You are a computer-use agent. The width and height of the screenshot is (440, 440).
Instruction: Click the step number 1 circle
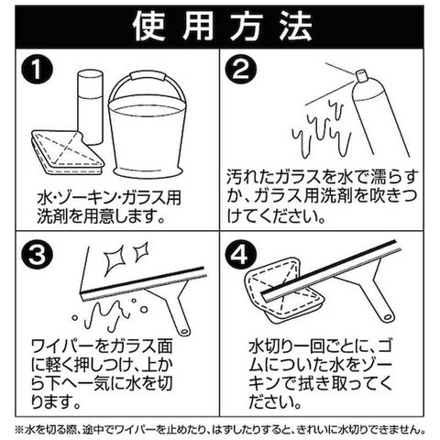coord(37,70)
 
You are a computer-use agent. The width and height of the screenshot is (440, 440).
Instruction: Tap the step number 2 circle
coord(241,70)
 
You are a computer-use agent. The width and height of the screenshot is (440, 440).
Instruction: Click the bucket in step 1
coord(148,135)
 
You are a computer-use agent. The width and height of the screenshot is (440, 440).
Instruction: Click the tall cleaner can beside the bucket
coord(89,107)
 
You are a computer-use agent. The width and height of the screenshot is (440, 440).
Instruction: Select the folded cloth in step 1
coord(68,153)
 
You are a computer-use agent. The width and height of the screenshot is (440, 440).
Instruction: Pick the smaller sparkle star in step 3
coord(141,251)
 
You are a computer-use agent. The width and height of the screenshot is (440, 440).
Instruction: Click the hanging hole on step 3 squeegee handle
coord(184,331)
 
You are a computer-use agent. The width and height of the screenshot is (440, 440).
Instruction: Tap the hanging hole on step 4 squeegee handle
coord(389,315)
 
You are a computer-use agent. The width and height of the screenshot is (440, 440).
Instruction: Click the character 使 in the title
coord(148,27)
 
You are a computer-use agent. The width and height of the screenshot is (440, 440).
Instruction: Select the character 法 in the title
coord(295,27)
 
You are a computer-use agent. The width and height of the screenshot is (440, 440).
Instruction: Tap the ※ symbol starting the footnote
coord(20,430)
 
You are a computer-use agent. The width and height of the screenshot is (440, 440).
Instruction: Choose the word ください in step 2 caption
coord(282,216)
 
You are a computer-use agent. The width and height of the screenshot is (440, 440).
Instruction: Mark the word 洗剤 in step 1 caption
coord(52,216)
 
